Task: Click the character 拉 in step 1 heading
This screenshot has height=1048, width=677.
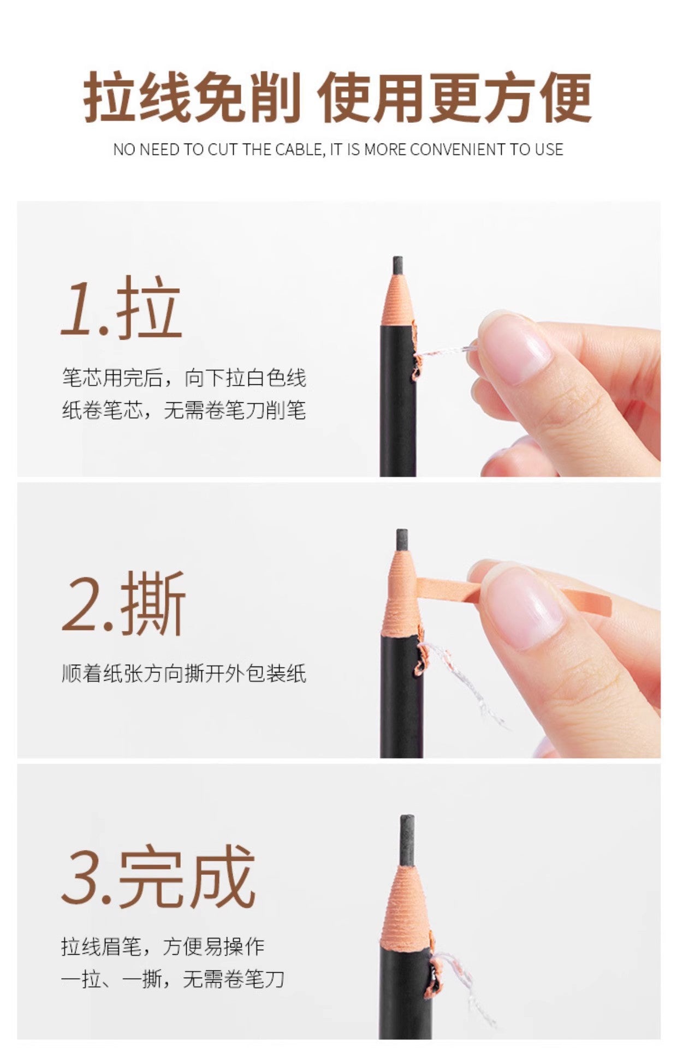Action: [x=149, y=307]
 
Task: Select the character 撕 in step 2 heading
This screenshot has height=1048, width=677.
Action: [x=154, y=603]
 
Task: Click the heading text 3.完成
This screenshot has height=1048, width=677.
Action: [x=158, y=877]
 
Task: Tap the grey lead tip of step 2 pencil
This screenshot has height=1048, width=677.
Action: [x=402, y=539]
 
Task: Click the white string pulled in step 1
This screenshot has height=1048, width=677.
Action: [x=445, y=350]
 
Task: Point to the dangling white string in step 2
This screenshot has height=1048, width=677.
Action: [x=464, y=682]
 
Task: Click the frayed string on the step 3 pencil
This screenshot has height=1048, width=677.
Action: [x=459, y=977]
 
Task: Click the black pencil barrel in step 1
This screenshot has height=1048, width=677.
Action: [x=397, y=415]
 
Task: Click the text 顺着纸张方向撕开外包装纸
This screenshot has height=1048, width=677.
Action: [x=183, y=674]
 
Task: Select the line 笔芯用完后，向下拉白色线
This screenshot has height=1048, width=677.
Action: [x=183, y=378]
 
